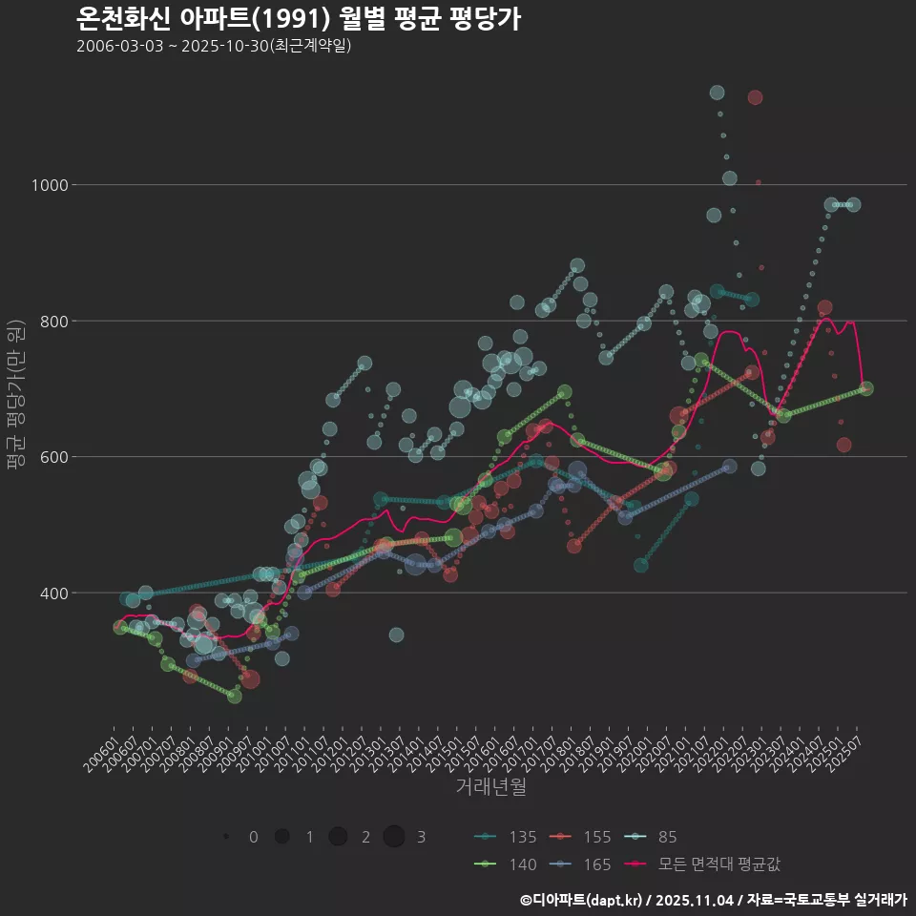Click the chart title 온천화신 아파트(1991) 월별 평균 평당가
pos(298,18)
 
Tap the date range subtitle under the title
pos(214,46)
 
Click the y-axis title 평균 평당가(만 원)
pos(15,394)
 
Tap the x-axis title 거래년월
pos(490,786)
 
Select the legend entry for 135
pos(507,837)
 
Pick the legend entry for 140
pos(507,864)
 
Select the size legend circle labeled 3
pos(394,837)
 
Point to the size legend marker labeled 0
pos(226,837)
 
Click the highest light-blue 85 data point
pos(717,93)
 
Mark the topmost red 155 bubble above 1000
pos(755,97)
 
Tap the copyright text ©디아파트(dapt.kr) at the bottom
pos(583,900)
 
